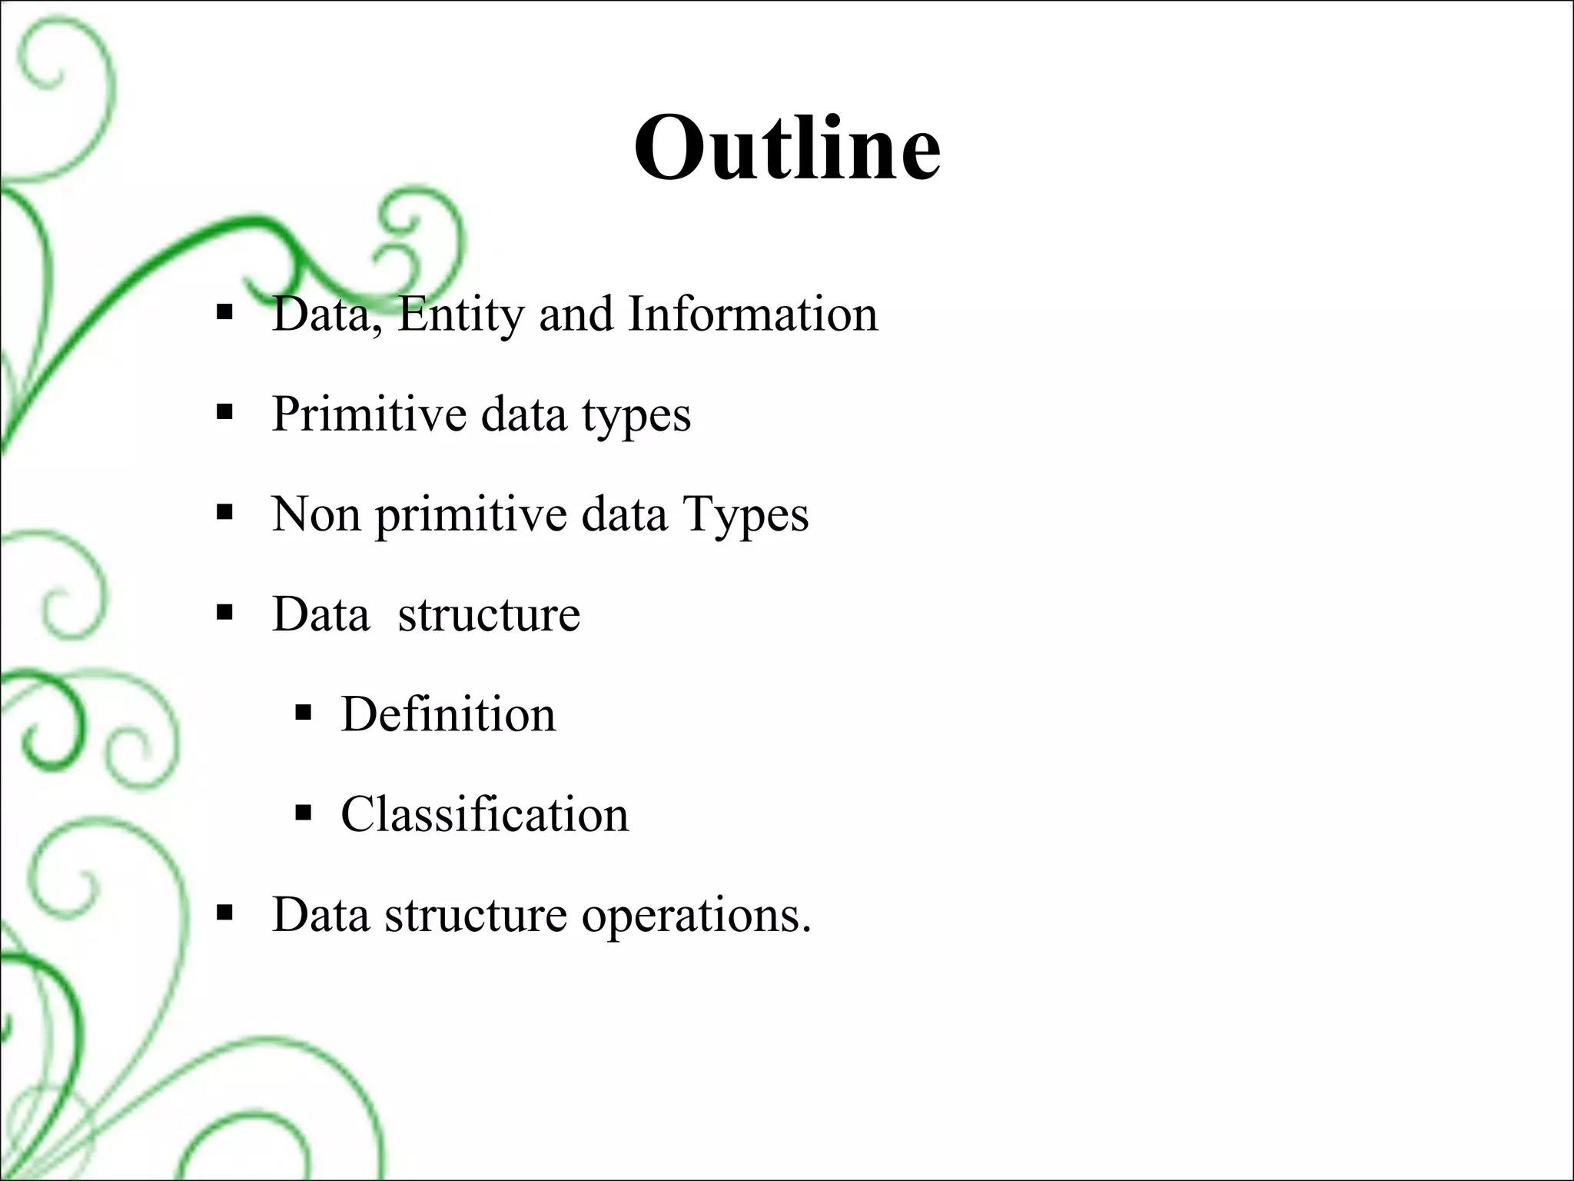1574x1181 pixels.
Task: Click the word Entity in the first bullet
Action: (460, 315)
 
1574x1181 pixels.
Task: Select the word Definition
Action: (448, 714)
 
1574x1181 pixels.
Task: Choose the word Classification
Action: (484, 814)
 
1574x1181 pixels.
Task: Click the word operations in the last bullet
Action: (696, 916)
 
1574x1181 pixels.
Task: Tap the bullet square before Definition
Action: (303, 713)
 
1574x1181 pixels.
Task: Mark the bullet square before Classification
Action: (303, 813)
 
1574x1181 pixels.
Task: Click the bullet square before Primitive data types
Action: (224, 413)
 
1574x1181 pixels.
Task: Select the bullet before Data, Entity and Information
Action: (224, 313)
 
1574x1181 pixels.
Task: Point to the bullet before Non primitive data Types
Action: (224, 513)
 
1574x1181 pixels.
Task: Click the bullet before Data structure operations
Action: (224, 913)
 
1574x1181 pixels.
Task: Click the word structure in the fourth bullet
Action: (489, 614)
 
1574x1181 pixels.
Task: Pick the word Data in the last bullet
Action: (320, 914)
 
